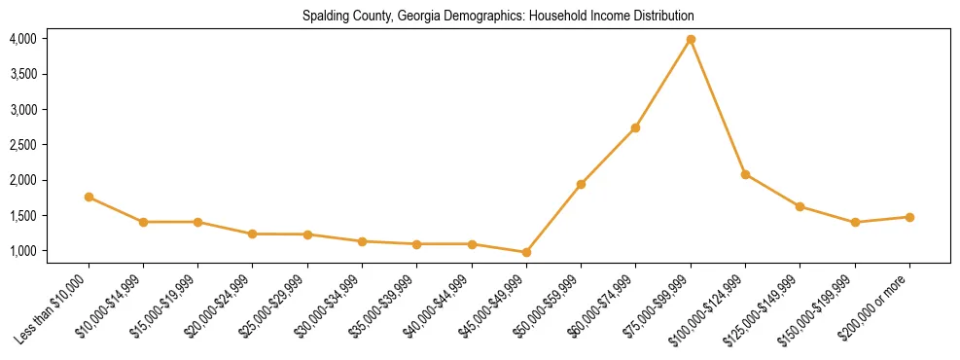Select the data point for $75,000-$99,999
691,39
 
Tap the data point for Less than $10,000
89,197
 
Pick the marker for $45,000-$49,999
526,252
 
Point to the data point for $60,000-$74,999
635,127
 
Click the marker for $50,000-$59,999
581,184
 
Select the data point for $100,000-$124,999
745,174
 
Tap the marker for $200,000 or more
909,217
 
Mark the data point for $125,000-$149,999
800,206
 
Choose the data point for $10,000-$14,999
143,222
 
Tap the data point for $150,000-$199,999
855,222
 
